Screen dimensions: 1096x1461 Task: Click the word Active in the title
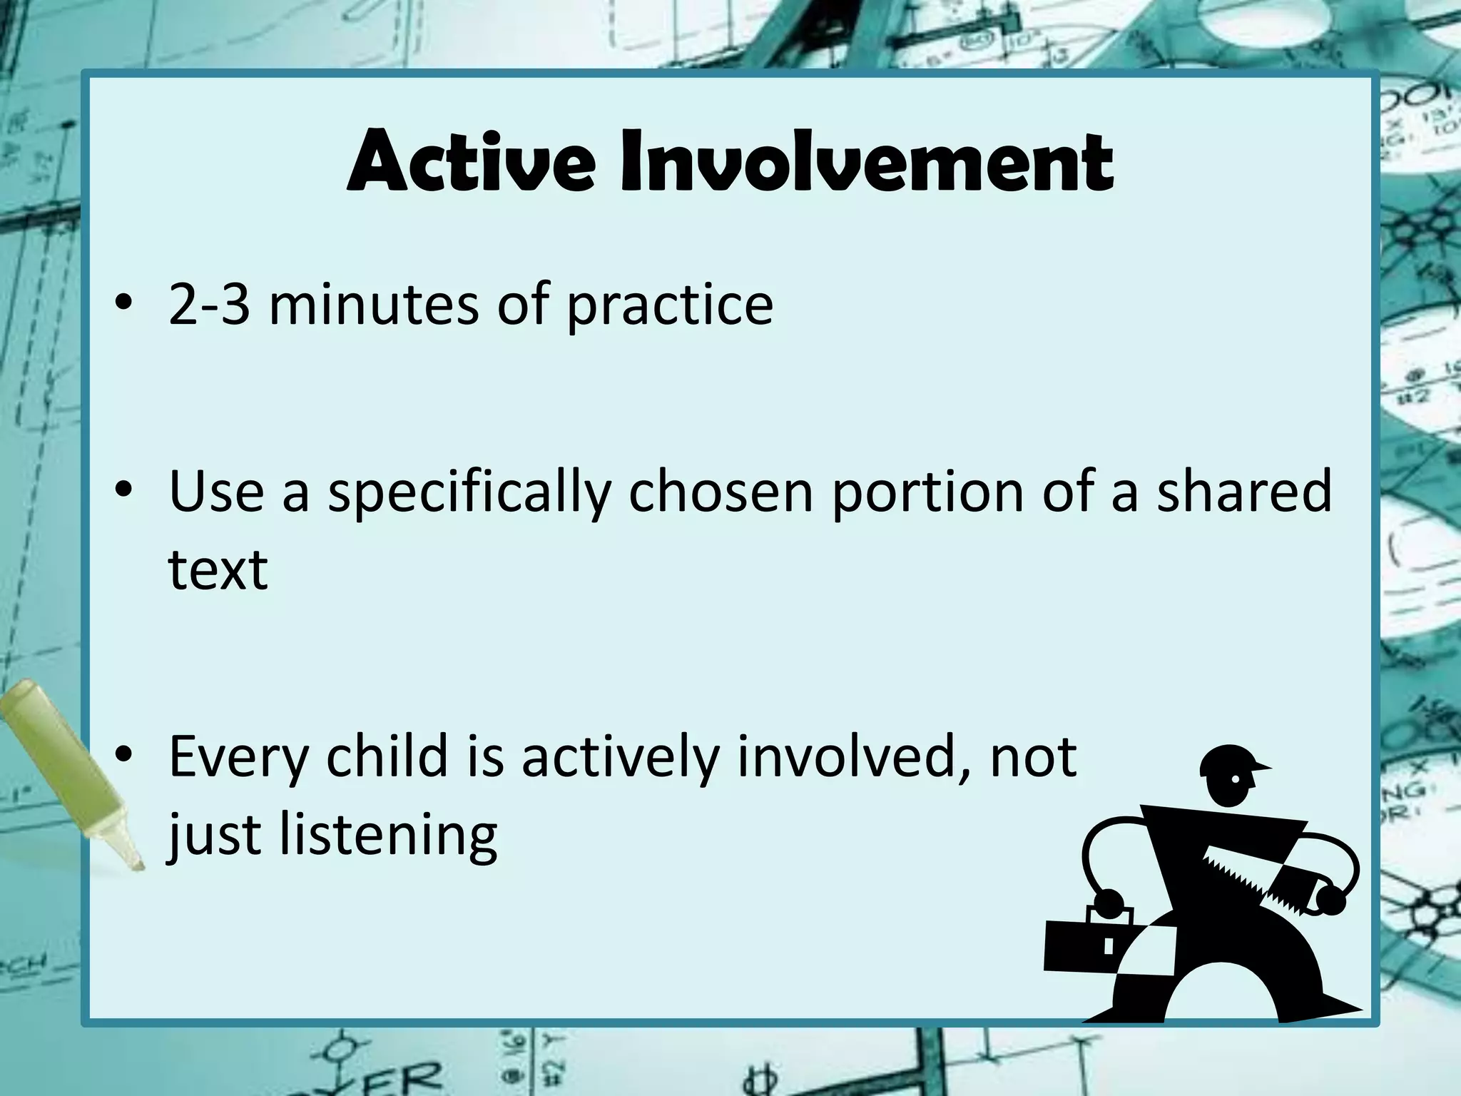471,163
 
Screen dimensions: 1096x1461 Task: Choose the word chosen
721,492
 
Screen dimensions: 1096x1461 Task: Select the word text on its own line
218,570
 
